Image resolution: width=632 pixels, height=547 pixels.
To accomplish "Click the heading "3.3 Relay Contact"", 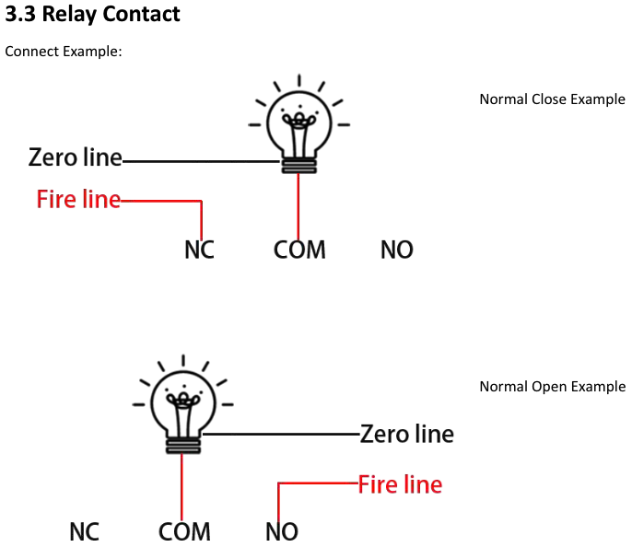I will pyautogui.click(x=93, y=15).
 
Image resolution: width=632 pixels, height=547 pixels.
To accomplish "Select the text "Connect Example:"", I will pyautogui.click(x=64, y=52).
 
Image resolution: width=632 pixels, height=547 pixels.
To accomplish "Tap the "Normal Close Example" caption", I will pyautogui.click(x=552, y=99).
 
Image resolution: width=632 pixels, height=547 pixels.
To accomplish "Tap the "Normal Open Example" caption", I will pyautogui.click(x=552, y=387).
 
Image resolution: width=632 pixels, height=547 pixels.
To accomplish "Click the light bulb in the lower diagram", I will pyautogui.click(x=182, y=405).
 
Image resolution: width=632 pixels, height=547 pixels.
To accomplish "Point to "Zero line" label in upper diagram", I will pyautogui.click(x=76, y=157).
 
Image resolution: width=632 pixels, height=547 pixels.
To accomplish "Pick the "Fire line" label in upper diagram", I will pyautogui.click(x=78, y=199).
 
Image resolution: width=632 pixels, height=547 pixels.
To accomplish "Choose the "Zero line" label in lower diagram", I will pyautogui.click(x=406, y=434).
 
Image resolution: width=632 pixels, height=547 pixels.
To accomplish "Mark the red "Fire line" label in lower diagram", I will pyautogui.click(x=400, y=484).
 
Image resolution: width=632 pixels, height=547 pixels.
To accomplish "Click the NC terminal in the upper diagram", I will pyautogui.click(x=199, y=250).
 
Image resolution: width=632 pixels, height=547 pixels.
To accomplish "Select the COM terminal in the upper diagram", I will pyautogui.click(x=299, y=250).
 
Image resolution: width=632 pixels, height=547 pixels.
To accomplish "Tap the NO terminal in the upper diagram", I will pyautogui.click(x=397, y=250).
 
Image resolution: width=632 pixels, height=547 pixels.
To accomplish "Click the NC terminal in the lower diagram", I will pyautogui.click(x=84, y=531).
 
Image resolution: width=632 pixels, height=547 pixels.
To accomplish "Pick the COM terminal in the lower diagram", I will pyautogui.click(x=184, y=531).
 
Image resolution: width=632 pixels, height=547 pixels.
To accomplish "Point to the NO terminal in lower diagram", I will pyautogui.click(x=281, y=531).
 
